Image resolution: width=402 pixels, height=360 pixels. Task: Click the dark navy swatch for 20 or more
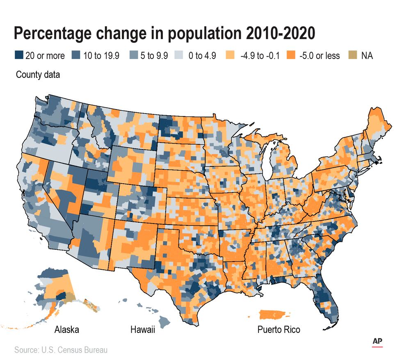pos(18,55)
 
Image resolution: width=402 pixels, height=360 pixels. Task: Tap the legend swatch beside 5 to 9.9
pos(135,55)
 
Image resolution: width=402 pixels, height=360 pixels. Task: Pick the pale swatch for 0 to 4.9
pos(183,55)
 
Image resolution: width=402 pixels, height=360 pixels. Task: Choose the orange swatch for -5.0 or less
pos(291,55)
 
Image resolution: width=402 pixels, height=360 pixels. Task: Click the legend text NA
pos(367,55)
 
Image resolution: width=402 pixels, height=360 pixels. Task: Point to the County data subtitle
pos(38,75)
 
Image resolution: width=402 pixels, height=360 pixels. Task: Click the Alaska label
pos(67,330)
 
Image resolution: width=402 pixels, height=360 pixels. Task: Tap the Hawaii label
pos(142,330)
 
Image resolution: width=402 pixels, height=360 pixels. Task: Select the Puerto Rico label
pos(279,330)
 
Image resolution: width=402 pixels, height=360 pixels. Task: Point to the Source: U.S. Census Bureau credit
pos(61,350)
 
